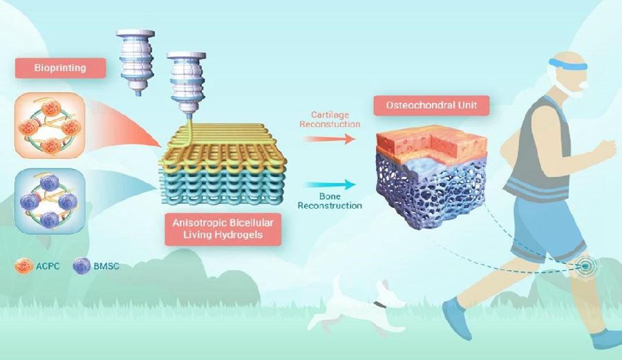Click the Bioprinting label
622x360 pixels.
[60, 68]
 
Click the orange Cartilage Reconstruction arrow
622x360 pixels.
[330, 138]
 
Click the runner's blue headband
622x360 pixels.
[568, 66]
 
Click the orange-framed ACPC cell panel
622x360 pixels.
[50, 125]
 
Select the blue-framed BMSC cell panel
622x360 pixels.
[50, 200]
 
